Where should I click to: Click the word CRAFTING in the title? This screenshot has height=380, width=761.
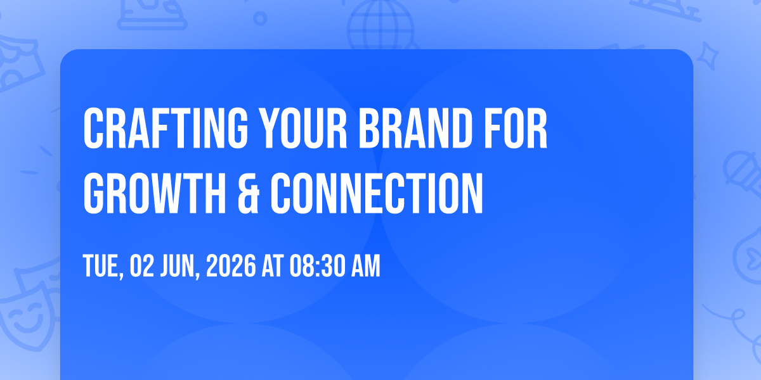coord(166,128)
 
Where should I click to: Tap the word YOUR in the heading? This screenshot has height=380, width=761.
coord(303,128)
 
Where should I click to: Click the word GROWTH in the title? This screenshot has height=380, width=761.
coord(155,193)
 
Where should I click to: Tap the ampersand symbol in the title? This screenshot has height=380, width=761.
coord(249,193)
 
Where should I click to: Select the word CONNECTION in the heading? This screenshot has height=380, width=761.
coord(377,193)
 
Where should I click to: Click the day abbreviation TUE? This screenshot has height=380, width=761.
coord(103,267)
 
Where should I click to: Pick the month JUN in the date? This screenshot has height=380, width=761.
coord(180,267)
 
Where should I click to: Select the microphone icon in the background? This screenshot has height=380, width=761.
coord(743,174)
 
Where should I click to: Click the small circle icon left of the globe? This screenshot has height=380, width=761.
coord(260,18)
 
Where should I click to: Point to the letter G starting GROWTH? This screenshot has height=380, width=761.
coord(93,193)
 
